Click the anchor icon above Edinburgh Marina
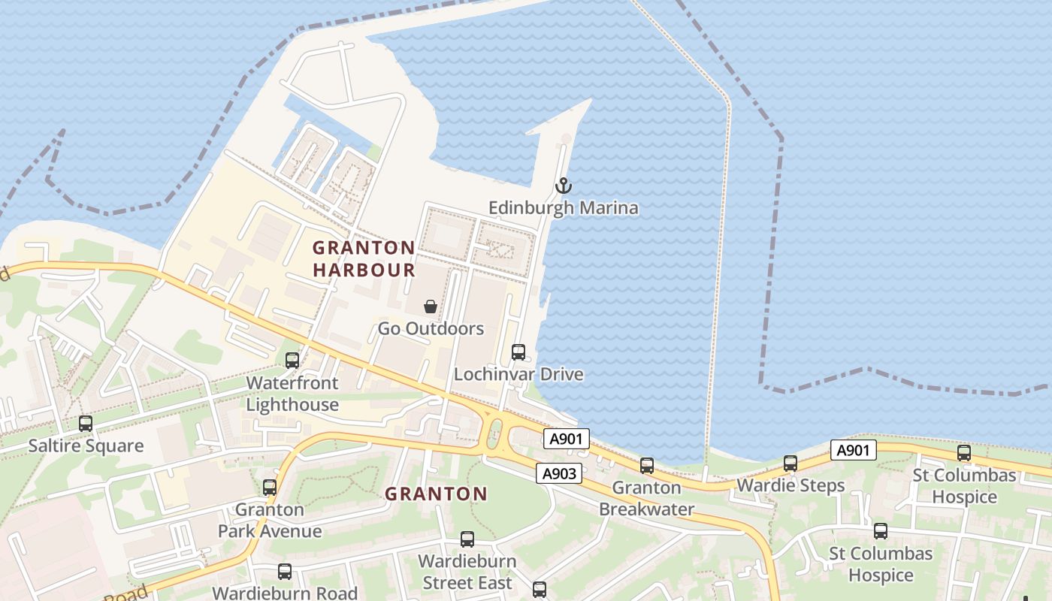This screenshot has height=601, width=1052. [563, 186]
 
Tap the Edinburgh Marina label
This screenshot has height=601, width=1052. [564, 208]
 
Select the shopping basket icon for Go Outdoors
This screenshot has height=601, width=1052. [431, 307]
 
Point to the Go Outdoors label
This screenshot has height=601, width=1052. [431, 329]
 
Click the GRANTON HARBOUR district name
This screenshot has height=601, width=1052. [364, 258]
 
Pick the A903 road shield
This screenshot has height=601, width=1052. [560, 473]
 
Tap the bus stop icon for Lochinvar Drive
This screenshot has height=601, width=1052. [518, 352]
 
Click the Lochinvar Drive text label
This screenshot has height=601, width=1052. [518, 374]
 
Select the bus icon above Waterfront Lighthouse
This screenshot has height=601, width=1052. [292, 361]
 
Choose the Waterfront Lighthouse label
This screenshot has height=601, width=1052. [292, 394]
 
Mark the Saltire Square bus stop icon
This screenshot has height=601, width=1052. [86, 424]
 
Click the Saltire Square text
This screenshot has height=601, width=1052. [86, 446]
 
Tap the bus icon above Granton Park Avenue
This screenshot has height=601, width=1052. [270, 488]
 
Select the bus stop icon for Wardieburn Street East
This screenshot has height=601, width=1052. [467, 539]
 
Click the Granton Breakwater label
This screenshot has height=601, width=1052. [647, 498]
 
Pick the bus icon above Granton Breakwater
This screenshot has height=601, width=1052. [647, 466]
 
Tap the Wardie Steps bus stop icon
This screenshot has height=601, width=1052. [791, 464]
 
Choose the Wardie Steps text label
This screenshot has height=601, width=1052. [791, 485]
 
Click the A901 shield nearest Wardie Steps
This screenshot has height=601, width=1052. [854, 450]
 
